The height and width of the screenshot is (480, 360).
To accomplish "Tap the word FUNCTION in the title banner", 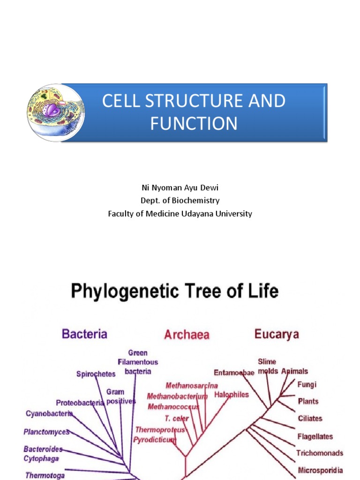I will [x=194, y=124].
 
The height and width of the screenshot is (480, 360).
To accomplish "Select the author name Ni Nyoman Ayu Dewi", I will [x=180, y=187].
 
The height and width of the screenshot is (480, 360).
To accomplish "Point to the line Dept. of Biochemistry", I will [x=180, y=201].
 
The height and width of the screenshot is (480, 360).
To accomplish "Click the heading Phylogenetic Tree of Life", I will [x=174, y=292].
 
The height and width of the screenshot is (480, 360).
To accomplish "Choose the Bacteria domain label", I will [x=85, y=334].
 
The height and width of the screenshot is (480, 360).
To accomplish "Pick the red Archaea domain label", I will [x=187, y=335].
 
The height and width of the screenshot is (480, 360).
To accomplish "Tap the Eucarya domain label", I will [x=277, y=334].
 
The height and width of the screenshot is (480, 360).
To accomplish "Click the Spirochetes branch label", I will [x=96, y=374].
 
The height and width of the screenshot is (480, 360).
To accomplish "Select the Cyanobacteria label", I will [x=49, y=413].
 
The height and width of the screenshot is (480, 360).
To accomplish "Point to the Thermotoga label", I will [x=45, y=475].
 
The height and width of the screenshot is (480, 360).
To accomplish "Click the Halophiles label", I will [x=232, y=395].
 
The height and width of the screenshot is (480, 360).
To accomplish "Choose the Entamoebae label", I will [x=234, y=373].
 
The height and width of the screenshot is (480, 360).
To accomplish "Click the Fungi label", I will [x=307, y=385].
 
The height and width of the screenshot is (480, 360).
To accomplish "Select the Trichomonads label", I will [x=320, y=453].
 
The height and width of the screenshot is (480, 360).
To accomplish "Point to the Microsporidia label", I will [x=320, y=470].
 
